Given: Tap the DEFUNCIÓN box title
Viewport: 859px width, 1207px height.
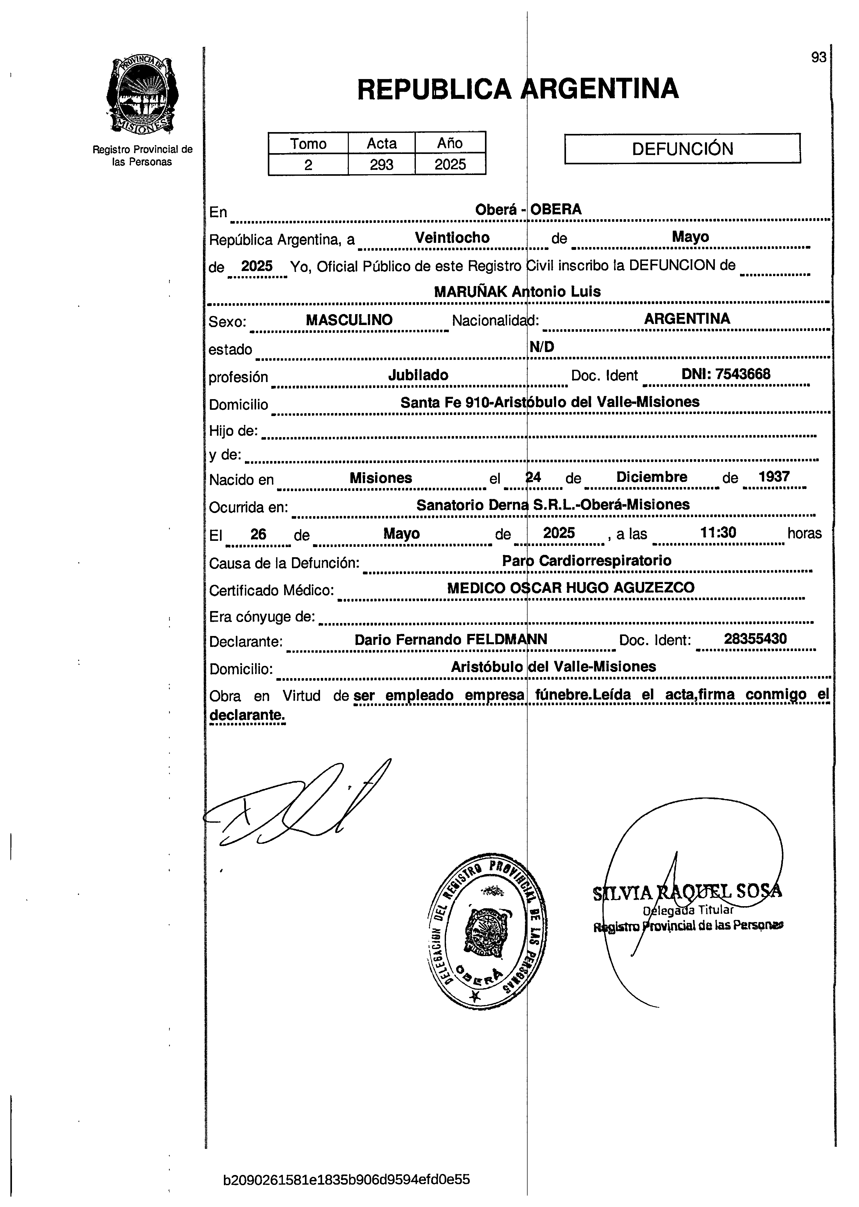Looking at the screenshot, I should [x=682, y=149].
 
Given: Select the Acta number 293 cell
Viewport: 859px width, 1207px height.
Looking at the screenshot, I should [x=381, y=165].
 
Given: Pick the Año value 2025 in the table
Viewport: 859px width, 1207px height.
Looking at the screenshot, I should [x=450, y=165].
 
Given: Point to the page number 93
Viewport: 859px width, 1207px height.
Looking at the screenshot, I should [x=818, y=57].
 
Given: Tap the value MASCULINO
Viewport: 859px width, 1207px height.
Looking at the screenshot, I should [x=349, y=320].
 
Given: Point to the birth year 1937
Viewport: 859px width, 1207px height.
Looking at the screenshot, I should [x=774, y=476].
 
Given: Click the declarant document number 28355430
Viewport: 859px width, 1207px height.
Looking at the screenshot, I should [x=755, y=639].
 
